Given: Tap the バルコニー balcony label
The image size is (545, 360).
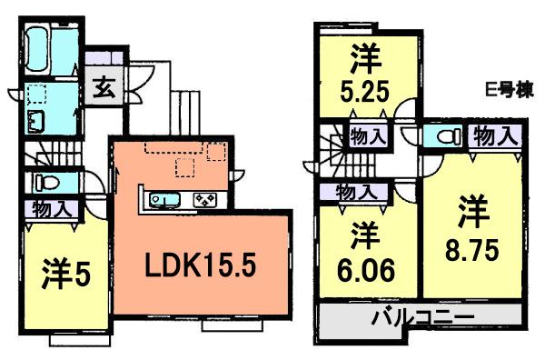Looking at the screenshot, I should [421, 319].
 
